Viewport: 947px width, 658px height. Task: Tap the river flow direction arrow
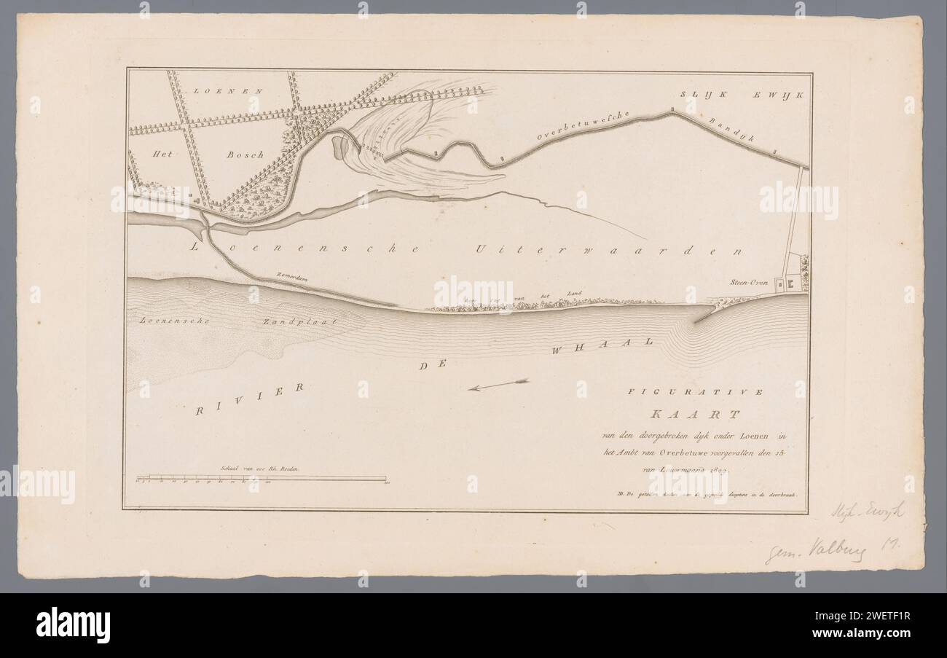pos(498,385)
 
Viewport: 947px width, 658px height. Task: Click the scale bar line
pos(260,479)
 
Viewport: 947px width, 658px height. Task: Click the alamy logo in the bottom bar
pos(73,624)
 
